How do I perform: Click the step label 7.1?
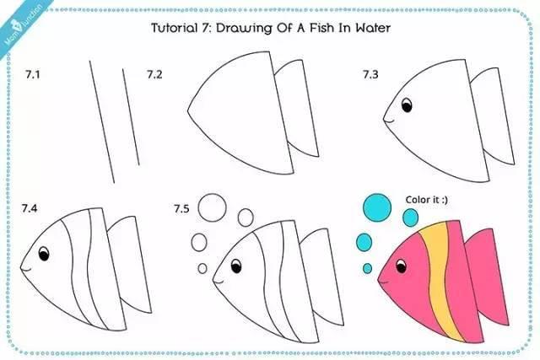click(x=33, y=74)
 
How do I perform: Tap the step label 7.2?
click(x=154, y=74)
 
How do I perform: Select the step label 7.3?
click(x=370, y=74)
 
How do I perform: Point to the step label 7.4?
click(x=30, y=208)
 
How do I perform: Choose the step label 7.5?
click(x=181, y=208)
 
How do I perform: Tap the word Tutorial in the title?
click(x=174, y=28)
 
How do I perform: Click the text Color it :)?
click(x=427, y=200)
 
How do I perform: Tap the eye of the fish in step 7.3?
click(x=407, y=105)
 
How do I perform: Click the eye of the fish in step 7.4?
click(x=44, y=254)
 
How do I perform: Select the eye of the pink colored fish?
click(x=402, y=266)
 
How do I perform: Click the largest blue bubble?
click(x=377, y=207)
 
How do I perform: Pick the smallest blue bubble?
click(x=368, y=268)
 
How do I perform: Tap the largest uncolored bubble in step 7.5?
click(x=212, y=207)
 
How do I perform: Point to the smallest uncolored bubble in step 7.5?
click(x=202, y=268)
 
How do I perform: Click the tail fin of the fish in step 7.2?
click(x=296, y=107)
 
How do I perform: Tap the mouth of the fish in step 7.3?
click(x=388, y=121)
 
